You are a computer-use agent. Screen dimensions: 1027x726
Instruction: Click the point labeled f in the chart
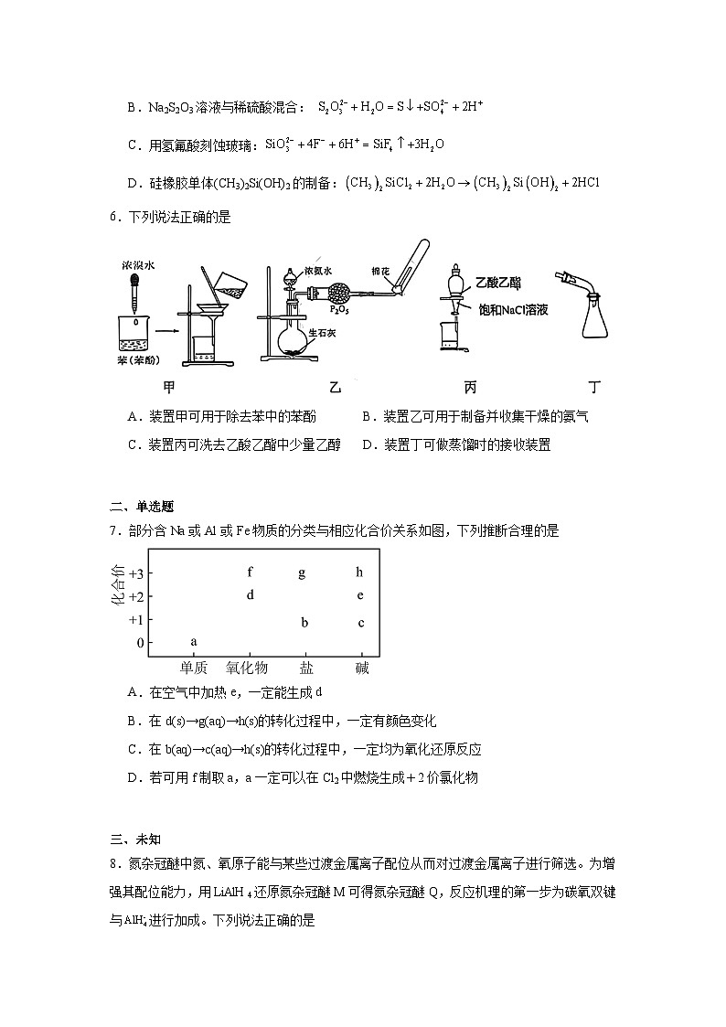(x=250, y=572)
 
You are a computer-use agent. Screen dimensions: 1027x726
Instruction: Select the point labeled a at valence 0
(x=194, y=641)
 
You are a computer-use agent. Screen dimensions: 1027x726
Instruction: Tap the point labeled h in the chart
(x=360, y=572)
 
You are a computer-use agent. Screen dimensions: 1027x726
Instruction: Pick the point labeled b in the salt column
(x=305, y=623)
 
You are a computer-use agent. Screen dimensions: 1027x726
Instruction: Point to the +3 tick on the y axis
(x=135, y=573)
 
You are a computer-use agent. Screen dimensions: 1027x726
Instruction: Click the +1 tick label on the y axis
(x=135, y=619)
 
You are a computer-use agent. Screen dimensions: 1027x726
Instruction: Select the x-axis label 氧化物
(x=247, y=669)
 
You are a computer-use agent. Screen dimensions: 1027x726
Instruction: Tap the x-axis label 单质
(x=194, y=669)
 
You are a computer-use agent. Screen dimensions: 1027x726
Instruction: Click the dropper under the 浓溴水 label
(x=134, y=292)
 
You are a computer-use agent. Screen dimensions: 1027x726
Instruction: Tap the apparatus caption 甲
(x=167, y=387)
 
